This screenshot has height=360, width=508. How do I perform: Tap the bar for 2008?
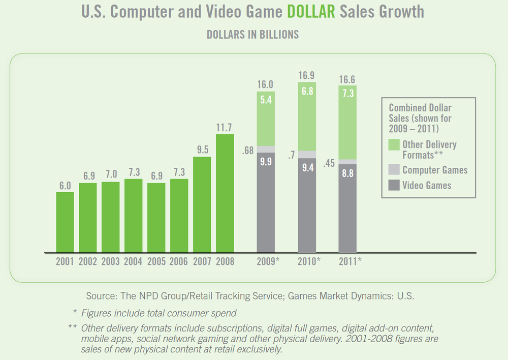225,193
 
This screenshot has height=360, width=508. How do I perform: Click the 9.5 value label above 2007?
202,149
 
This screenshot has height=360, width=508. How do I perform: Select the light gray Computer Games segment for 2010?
307,154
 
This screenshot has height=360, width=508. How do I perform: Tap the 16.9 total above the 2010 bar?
307,76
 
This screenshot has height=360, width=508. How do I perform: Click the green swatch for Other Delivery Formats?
394,145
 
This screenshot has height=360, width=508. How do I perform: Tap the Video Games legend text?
427,185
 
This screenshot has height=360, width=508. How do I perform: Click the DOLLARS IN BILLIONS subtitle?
252,35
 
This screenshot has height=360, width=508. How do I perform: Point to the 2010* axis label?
309,262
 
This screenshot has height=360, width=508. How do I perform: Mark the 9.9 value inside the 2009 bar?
266,163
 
